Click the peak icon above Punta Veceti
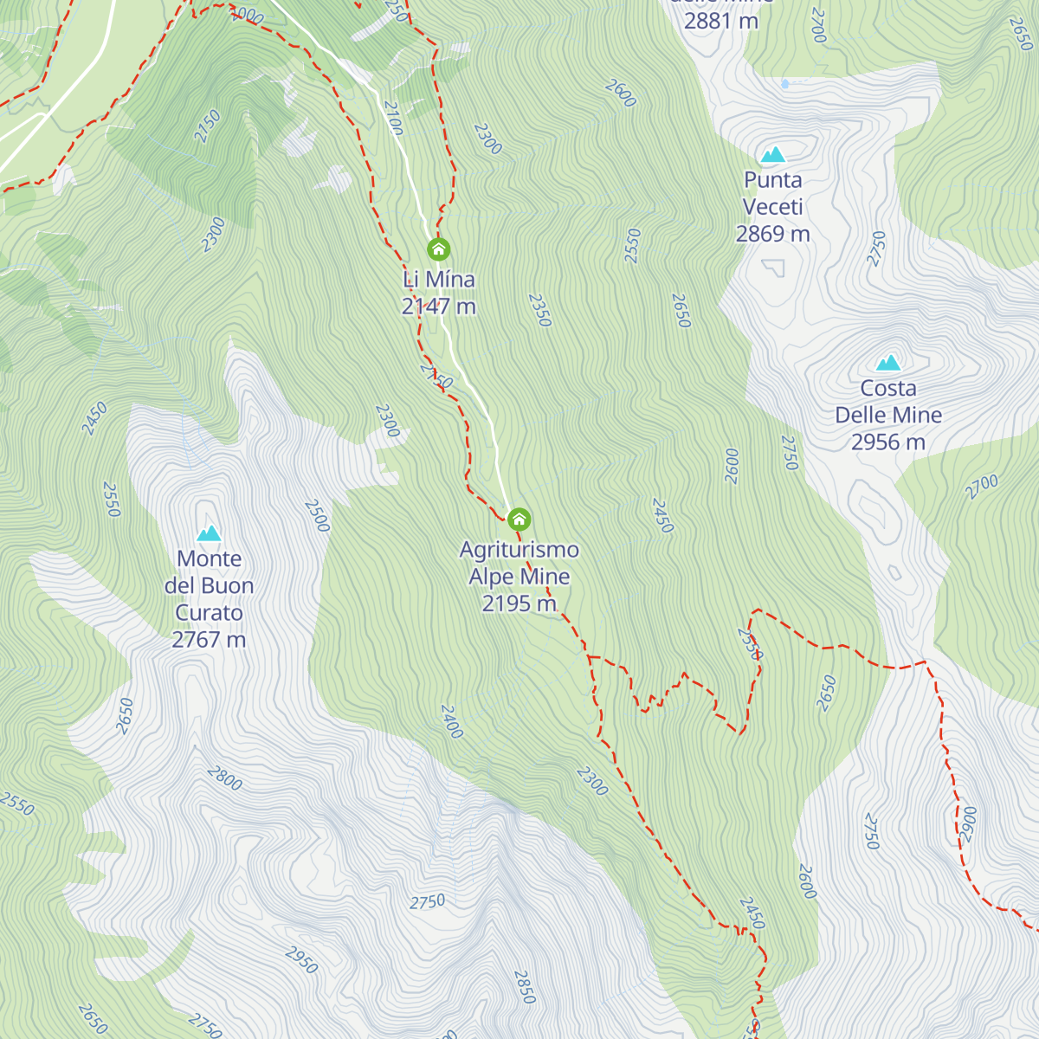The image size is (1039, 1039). (772, 155)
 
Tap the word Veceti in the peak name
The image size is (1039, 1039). (772, 207)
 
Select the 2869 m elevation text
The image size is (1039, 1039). (772, 234)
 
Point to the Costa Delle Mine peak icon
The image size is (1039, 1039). (887, 363)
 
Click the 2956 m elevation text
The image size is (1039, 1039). (887, 442)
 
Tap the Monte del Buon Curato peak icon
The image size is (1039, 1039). (209, 533)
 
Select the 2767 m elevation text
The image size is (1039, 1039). (209, 640)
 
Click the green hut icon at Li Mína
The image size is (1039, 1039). (439, 250)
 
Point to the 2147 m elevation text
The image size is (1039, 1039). (439, 307)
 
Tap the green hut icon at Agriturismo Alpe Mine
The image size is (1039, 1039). (519, 519)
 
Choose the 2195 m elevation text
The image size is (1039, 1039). (519, 603)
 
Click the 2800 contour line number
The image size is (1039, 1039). (225, 778)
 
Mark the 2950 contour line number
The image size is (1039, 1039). (301, 960)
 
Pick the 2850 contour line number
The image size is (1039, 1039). (524, 987)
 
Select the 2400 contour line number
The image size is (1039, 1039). (452, 722)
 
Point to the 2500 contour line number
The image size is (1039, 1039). (317, 516)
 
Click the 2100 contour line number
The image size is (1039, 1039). (393, 119)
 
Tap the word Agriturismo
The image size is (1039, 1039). (519, 550)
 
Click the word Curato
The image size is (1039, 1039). (209, 613)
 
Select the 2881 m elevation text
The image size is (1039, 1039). (720, 21)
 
